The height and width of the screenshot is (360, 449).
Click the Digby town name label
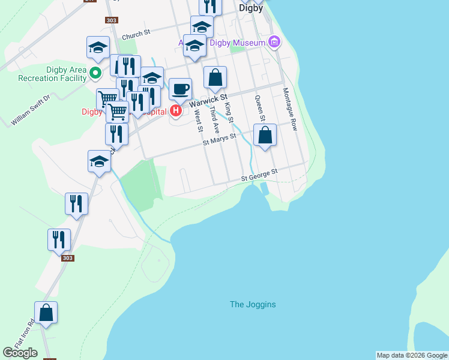(250, 8)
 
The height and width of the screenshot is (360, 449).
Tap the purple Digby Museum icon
(275, 43)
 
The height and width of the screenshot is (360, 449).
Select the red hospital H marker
(176, 110)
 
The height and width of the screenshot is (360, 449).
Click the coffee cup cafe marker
(180, 90)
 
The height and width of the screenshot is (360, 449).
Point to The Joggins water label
(253, 304)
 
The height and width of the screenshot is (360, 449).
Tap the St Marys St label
(219, 140)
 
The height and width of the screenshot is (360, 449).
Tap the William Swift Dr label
(31, 109)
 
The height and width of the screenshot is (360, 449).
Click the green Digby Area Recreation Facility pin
(95, 73)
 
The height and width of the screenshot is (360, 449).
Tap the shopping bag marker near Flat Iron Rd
(46, 313)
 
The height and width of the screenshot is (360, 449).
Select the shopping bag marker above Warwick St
(215, 77)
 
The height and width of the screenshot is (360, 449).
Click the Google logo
(20, 353)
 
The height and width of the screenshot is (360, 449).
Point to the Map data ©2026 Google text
(411, 355)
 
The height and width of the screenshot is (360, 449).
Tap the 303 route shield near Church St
(111, 20)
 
